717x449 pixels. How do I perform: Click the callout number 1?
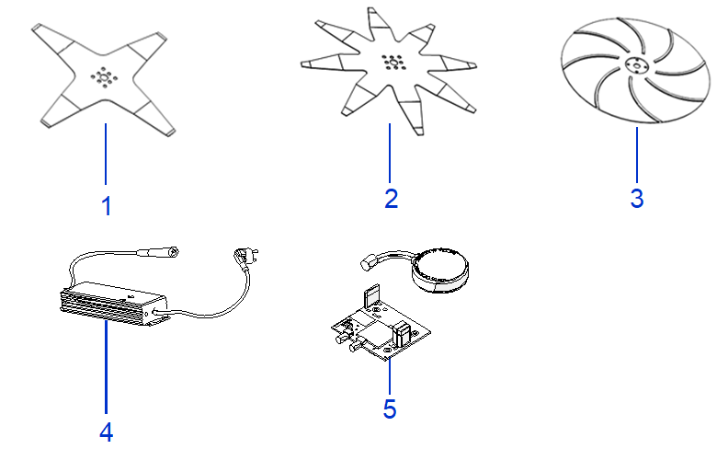pos(106,206)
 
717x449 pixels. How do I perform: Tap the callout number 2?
pos(391,199)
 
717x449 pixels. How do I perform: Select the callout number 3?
pos(637,199)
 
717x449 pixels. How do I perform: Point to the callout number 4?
pos(106,432)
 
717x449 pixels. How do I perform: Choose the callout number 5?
pos(390,409)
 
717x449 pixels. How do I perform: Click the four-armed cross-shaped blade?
pos(104,80)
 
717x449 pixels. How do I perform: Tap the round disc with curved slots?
pos(635,71)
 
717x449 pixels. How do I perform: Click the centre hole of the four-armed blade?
pos(104,78)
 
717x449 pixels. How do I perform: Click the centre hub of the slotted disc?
pos(635,67)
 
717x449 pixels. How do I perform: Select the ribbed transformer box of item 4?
pos(113,304)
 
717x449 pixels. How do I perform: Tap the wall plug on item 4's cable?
pos(246,257)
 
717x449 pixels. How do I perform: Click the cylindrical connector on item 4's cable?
pos(159,252)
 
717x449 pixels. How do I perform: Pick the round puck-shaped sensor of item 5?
pos(440,270)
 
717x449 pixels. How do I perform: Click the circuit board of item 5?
pos(381,326)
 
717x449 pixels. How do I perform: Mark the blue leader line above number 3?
pos(637,155)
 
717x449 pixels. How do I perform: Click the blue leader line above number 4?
pos(106,367)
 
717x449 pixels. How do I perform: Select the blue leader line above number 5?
pos(390,377)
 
